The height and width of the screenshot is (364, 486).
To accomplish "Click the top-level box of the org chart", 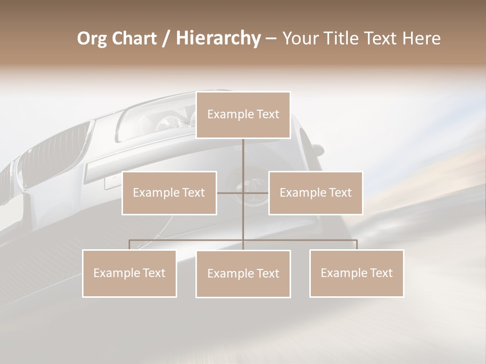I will tap(243, 115).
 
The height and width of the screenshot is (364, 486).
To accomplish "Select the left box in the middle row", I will tap(169, 193).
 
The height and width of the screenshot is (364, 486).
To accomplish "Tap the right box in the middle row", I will tap(315, 193).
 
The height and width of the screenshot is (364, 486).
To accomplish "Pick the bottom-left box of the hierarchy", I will tap(130, 273).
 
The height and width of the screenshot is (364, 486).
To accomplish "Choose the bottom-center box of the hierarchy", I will tap(243, 274).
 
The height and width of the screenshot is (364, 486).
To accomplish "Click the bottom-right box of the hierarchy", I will tap(356, 273).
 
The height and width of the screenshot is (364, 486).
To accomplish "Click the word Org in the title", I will tap(92, 38).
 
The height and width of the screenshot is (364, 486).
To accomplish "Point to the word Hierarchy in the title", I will tap(218, 38).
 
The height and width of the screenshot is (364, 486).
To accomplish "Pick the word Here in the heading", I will tap(421, 38).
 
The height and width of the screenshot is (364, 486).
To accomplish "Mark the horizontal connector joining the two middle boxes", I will tap(242, 193).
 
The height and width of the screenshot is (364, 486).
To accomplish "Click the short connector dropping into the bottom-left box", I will tap(130, 245).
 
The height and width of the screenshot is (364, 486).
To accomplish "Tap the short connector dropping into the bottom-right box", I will tap(356, 245).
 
